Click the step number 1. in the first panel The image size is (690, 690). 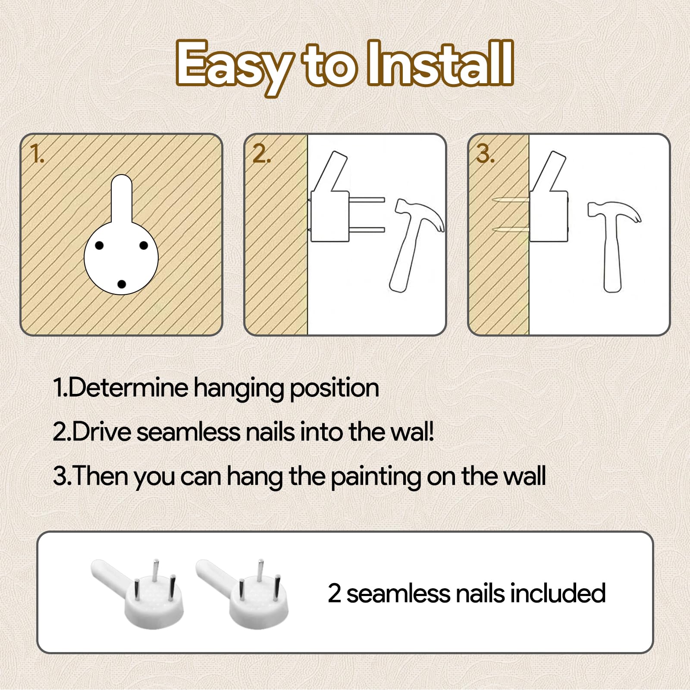pyautogui.click(x=37, y=153)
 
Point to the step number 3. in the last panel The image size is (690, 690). pyautogui.click(x=485, y=153)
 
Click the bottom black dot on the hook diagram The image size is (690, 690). pyautogui.click(x=121, y=284)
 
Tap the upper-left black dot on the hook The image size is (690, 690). pyautogui.click(x=99, y=246)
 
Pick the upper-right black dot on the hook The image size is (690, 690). pyautogui.click(x=144, y=246)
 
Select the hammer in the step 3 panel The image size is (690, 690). pyautogui.click(x=613, y=246)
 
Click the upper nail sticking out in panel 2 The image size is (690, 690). pyautogui.click(x=367, y=200)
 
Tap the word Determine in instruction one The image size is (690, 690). pyautogui.click(x=128, y=387)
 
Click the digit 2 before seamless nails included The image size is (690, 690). pyautogui.click(x=335, y=593)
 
